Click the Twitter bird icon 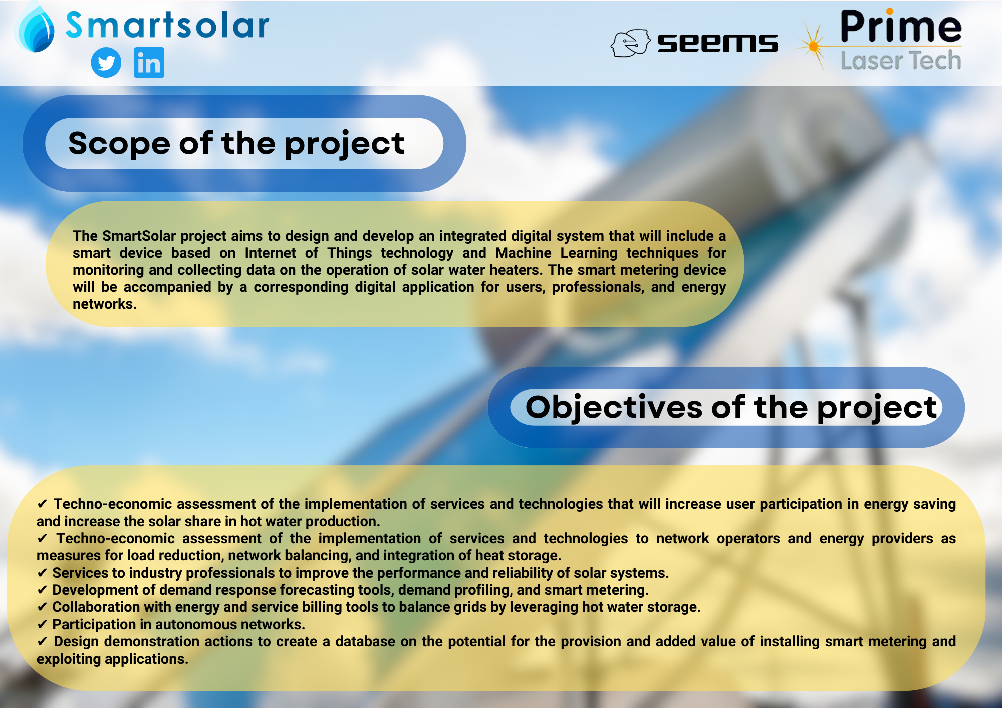(x=106, y=63)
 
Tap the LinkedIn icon (x=149, y=63)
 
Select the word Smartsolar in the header (x=167, y=25)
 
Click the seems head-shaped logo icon (x=630, y=43)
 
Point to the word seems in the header (x=717, y=43)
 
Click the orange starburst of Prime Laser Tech (x=813, y=46)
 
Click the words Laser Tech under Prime (x=901, y=61)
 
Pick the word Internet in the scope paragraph (x=270, y=253)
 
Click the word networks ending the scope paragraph (x=104, y=304)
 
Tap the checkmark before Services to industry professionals (x=42, y=573)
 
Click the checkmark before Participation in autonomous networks (x=42, y=624)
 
